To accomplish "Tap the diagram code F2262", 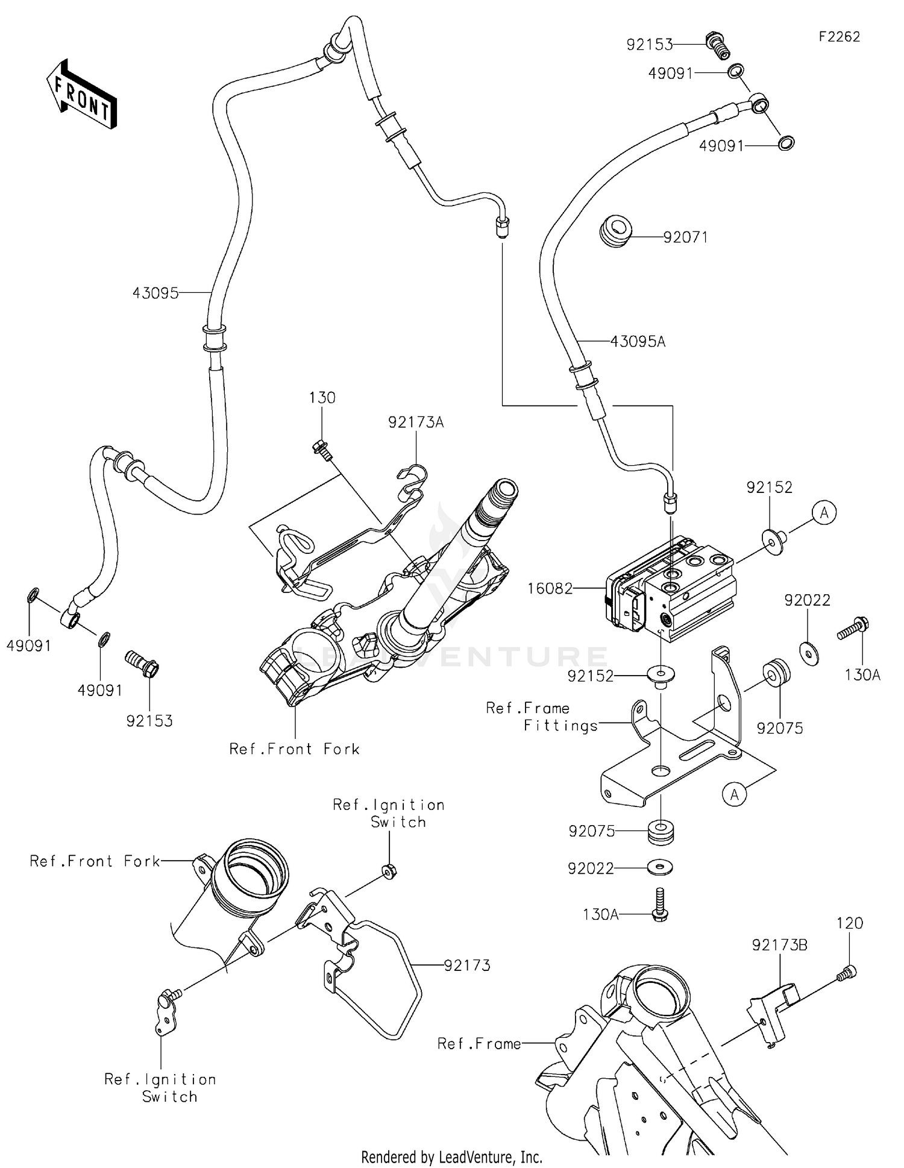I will tap(838, 37).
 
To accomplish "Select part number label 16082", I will tap(550, 588).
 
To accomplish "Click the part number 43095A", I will tap(638, 342).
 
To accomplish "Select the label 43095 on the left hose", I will tap(155, 294).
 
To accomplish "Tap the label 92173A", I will tap(416, 422).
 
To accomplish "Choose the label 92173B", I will tap(779, 945).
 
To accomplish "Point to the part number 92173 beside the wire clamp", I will tap(467, 965).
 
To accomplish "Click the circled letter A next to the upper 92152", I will tap(823, 513).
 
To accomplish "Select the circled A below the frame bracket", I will tap(734, 794).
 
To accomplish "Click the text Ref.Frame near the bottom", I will tap(479, 1043).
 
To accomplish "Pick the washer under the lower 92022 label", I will tap(661, 868).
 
